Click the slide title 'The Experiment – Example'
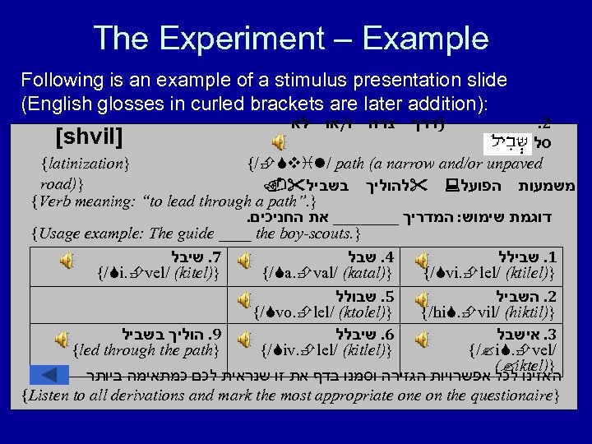tap(290, 37)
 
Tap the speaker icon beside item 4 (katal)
tap(244, 260)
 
